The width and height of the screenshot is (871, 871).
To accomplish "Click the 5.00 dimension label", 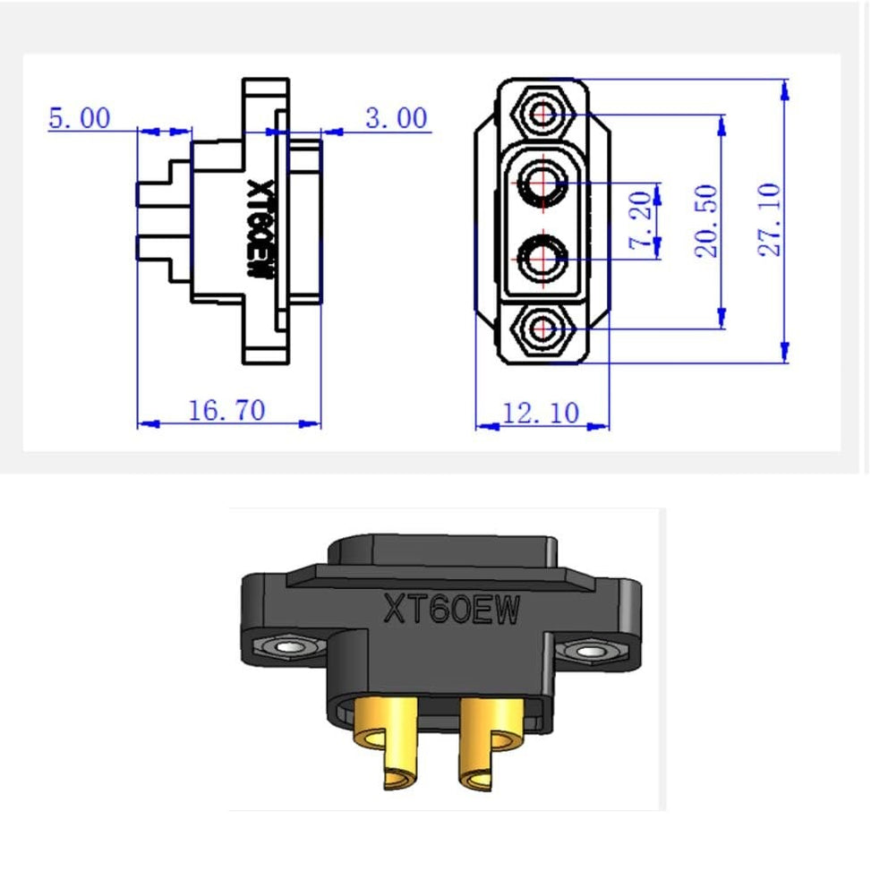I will tap(79, 118).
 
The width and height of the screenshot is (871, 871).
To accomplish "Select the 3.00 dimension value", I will tap(396, 118).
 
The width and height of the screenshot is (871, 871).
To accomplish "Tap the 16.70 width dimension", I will tap(226, 410).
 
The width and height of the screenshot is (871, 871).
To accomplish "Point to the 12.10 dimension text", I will tap(540, 413).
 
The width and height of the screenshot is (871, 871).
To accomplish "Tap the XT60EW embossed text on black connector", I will tap(451, 610).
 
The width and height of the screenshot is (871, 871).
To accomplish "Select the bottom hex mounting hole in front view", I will tap(542, 329).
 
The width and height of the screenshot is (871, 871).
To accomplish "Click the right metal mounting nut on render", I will tap(588, 652).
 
